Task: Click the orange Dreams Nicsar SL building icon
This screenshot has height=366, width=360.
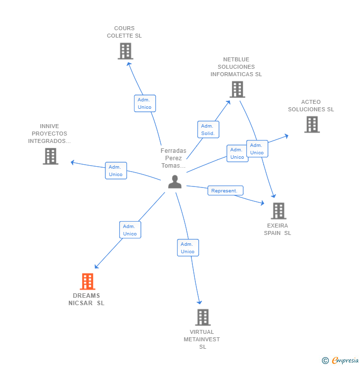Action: (x=88, y=281)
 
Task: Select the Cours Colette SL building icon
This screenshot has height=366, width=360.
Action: (x=126, y=51)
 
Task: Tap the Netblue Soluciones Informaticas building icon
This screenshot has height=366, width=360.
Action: (x=237, y=90)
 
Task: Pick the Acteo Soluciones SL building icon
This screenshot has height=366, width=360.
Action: (x=312, y=125)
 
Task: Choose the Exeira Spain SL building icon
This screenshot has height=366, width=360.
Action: (x=278, y=211)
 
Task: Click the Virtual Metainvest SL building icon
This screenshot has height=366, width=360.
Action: (x=203, y=317)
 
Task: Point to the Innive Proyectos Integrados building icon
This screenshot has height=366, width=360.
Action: (x=50, y=156)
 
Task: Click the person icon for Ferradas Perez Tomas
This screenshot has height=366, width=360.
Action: (x=175, y=182)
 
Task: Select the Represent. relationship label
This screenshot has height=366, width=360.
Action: (x=225, y=190)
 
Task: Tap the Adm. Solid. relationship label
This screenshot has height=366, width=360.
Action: (x=208, y=130)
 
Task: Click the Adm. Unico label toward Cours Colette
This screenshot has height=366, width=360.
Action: (x=145, y=103)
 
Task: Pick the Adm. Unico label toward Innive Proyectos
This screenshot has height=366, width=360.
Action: (x=116, y=171)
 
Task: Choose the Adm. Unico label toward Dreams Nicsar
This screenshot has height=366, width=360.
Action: (x=130, y=230)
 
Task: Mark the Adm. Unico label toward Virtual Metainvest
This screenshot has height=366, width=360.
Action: (x=188, y=248)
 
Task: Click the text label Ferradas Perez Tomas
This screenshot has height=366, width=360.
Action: (x=174, y=158)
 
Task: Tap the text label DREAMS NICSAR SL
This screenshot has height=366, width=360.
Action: (x=87, y=300)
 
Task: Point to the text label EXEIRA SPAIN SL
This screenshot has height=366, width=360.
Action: (x=277, y=229)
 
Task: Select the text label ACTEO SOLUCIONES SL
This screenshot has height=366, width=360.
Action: (x=311, y=106)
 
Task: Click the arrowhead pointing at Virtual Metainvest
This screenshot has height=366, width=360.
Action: (x=200, y=302)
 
